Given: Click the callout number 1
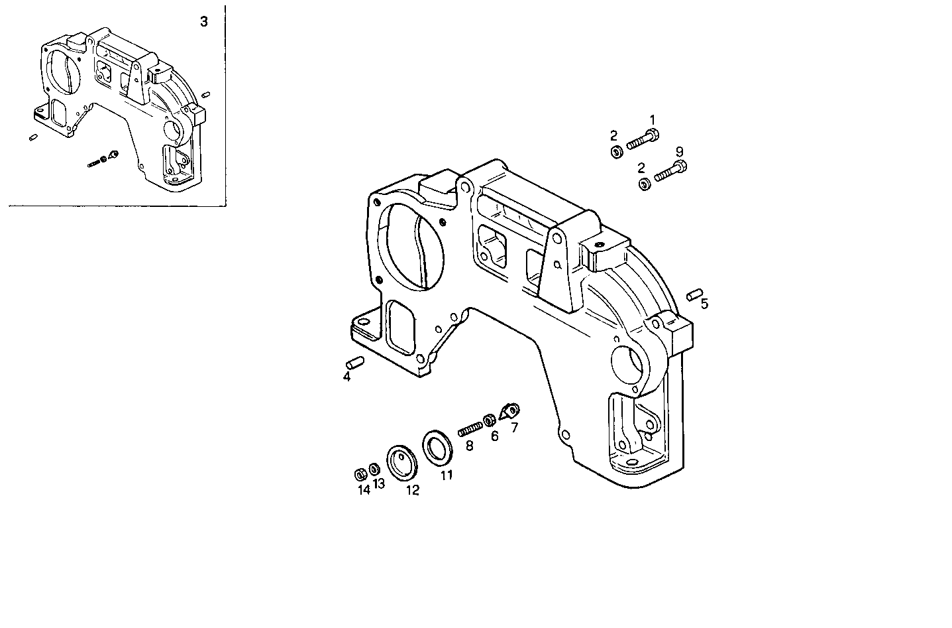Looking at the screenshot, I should click(x=652, y=119).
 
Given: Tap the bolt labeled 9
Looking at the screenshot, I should click(x=670, y=172).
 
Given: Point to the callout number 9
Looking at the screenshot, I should click(x=680, y=151).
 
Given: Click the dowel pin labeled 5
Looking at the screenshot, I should click(x=694, y=294).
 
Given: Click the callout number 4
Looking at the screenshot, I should click(x=346, y=377).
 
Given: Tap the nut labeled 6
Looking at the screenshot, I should click(x=490, y=420).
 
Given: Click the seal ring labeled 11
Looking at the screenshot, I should click(x=437, y=448).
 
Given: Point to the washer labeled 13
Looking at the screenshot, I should click(x=374, y=470).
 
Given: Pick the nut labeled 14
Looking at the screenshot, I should click(x=361, y=474).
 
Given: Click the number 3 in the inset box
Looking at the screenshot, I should click(x=204, y=22).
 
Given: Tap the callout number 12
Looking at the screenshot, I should click(x=412, y=491).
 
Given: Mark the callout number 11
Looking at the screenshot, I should click(x=447, y=475).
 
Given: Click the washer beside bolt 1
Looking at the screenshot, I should click(x=615, y=152).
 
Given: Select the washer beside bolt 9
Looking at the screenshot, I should click(x=643, y=184).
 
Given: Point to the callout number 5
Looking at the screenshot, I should click(x=704, y=304).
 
